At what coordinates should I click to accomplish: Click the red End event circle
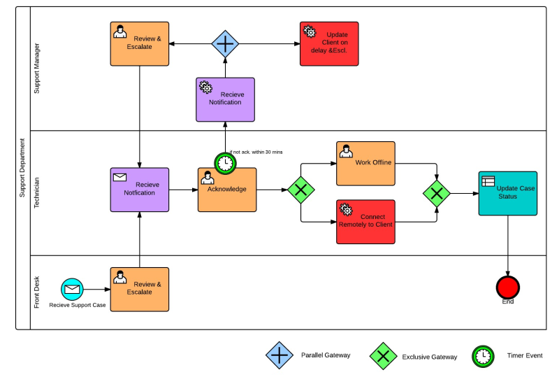coord(508,287)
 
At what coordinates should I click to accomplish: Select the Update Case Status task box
coord(508,193)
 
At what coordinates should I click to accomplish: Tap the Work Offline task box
coord(365,164)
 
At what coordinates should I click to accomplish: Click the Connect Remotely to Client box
coord(365,222)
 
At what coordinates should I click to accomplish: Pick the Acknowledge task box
coord(227,190)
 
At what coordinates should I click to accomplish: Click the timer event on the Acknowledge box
coord(226,164)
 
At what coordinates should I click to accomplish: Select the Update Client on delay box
coord(329,43)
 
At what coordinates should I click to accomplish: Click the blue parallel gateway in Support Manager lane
coord(225,43)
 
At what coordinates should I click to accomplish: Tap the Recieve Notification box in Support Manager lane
coord(225,99)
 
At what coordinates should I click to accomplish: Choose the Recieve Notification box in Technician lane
coord(140,190)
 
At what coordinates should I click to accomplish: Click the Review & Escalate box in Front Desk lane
coord(140,289)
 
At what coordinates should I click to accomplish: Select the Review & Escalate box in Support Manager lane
coord(140,43)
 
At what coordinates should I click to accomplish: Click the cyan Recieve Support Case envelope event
coord(72,289)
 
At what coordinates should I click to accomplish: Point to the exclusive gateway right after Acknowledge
coord(301,190)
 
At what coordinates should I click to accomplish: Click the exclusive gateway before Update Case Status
coord(437,192)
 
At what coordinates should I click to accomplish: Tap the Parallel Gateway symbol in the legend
coord(279,355)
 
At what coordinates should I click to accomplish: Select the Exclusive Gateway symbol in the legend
coord(383,356)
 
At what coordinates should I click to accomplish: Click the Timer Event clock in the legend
coord(483,356)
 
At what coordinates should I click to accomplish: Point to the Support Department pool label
coord(22,168)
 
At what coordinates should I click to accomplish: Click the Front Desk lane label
coord(37,292)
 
